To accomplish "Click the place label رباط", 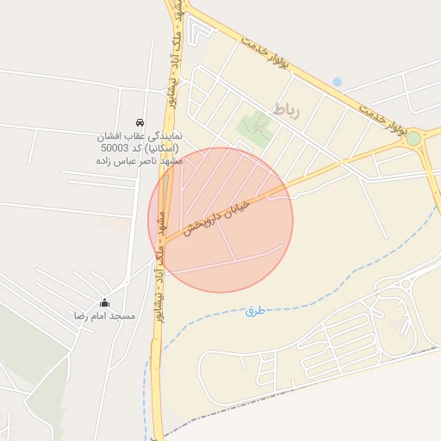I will pyautogui.click(x=286, y=109).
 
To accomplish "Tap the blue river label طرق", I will pyautogui.click(x=254, y=310).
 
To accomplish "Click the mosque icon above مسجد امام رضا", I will pyautogui.click(x=105, y=302).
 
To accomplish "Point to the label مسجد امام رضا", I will pyautogui.click(x=105, y=317).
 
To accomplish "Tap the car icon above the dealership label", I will pyautogui.click(x=140, y=122).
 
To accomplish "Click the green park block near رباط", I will pyautogui.click(x=256, y=130).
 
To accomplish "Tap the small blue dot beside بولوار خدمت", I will pyautogui.click(x=337, y=82).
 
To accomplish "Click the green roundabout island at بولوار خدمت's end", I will pyautogui.click(x=413, y=138).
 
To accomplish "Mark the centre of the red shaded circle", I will pyautogui.click(x=220, y=220).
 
